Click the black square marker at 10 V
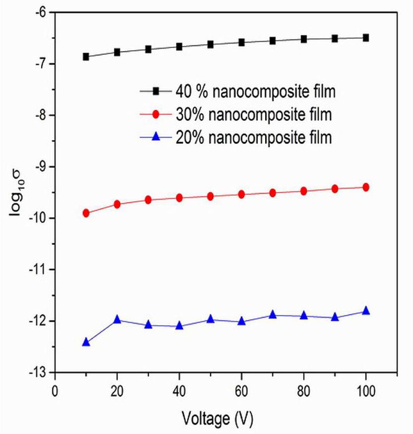pyautogui.click(x=86, y=57)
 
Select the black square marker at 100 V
pyautogui.click(x=366, y=38)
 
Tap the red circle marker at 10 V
pyautogui.click(x=86, y=213)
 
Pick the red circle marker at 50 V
pyautogui.click(x=210, y=196)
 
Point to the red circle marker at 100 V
pyautogui.click(x=366, y=187)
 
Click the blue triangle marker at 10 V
pyautogui.click(x=86, y=342)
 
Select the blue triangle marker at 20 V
pyautogui.click(x=117, y=319)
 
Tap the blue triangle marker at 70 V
pyautogui.click(x=273, y=314)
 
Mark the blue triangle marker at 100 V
pyautogui.click(x=366, y=310)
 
